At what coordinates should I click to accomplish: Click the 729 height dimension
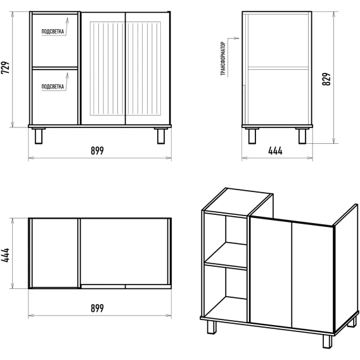5,68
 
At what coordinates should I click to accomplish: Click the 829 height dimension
326,79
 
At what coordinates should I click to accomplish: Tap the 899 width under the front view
97,151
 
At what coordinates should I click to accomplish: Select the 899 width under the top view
97,308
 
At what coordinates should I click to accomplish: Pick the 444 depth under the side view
275,151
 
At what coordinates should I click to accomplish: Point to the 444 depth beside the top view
5,255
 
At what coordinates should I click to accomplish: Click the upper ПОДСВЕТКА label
53,32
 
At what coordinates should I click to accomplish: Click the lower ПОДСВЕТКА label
53,87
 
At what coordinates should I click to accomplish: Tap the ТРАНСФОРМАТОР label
223,59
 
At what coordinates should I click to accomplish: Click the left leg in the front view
39,136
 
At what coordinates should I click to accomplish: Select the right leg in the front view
161,136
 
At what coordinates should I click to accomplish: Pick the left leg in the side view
252,136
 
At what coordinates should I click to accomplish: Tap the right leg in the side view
302,136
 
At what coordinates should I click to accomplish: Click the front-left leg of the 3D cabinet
212,327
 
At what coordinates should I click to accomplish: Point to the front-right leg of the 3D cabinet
327,342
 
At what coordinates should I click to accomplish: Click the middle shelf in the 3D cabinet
226,255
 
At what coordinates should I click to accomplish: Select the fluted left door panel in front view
108,68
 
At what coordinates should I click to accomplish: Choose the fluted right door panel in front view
143,68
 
